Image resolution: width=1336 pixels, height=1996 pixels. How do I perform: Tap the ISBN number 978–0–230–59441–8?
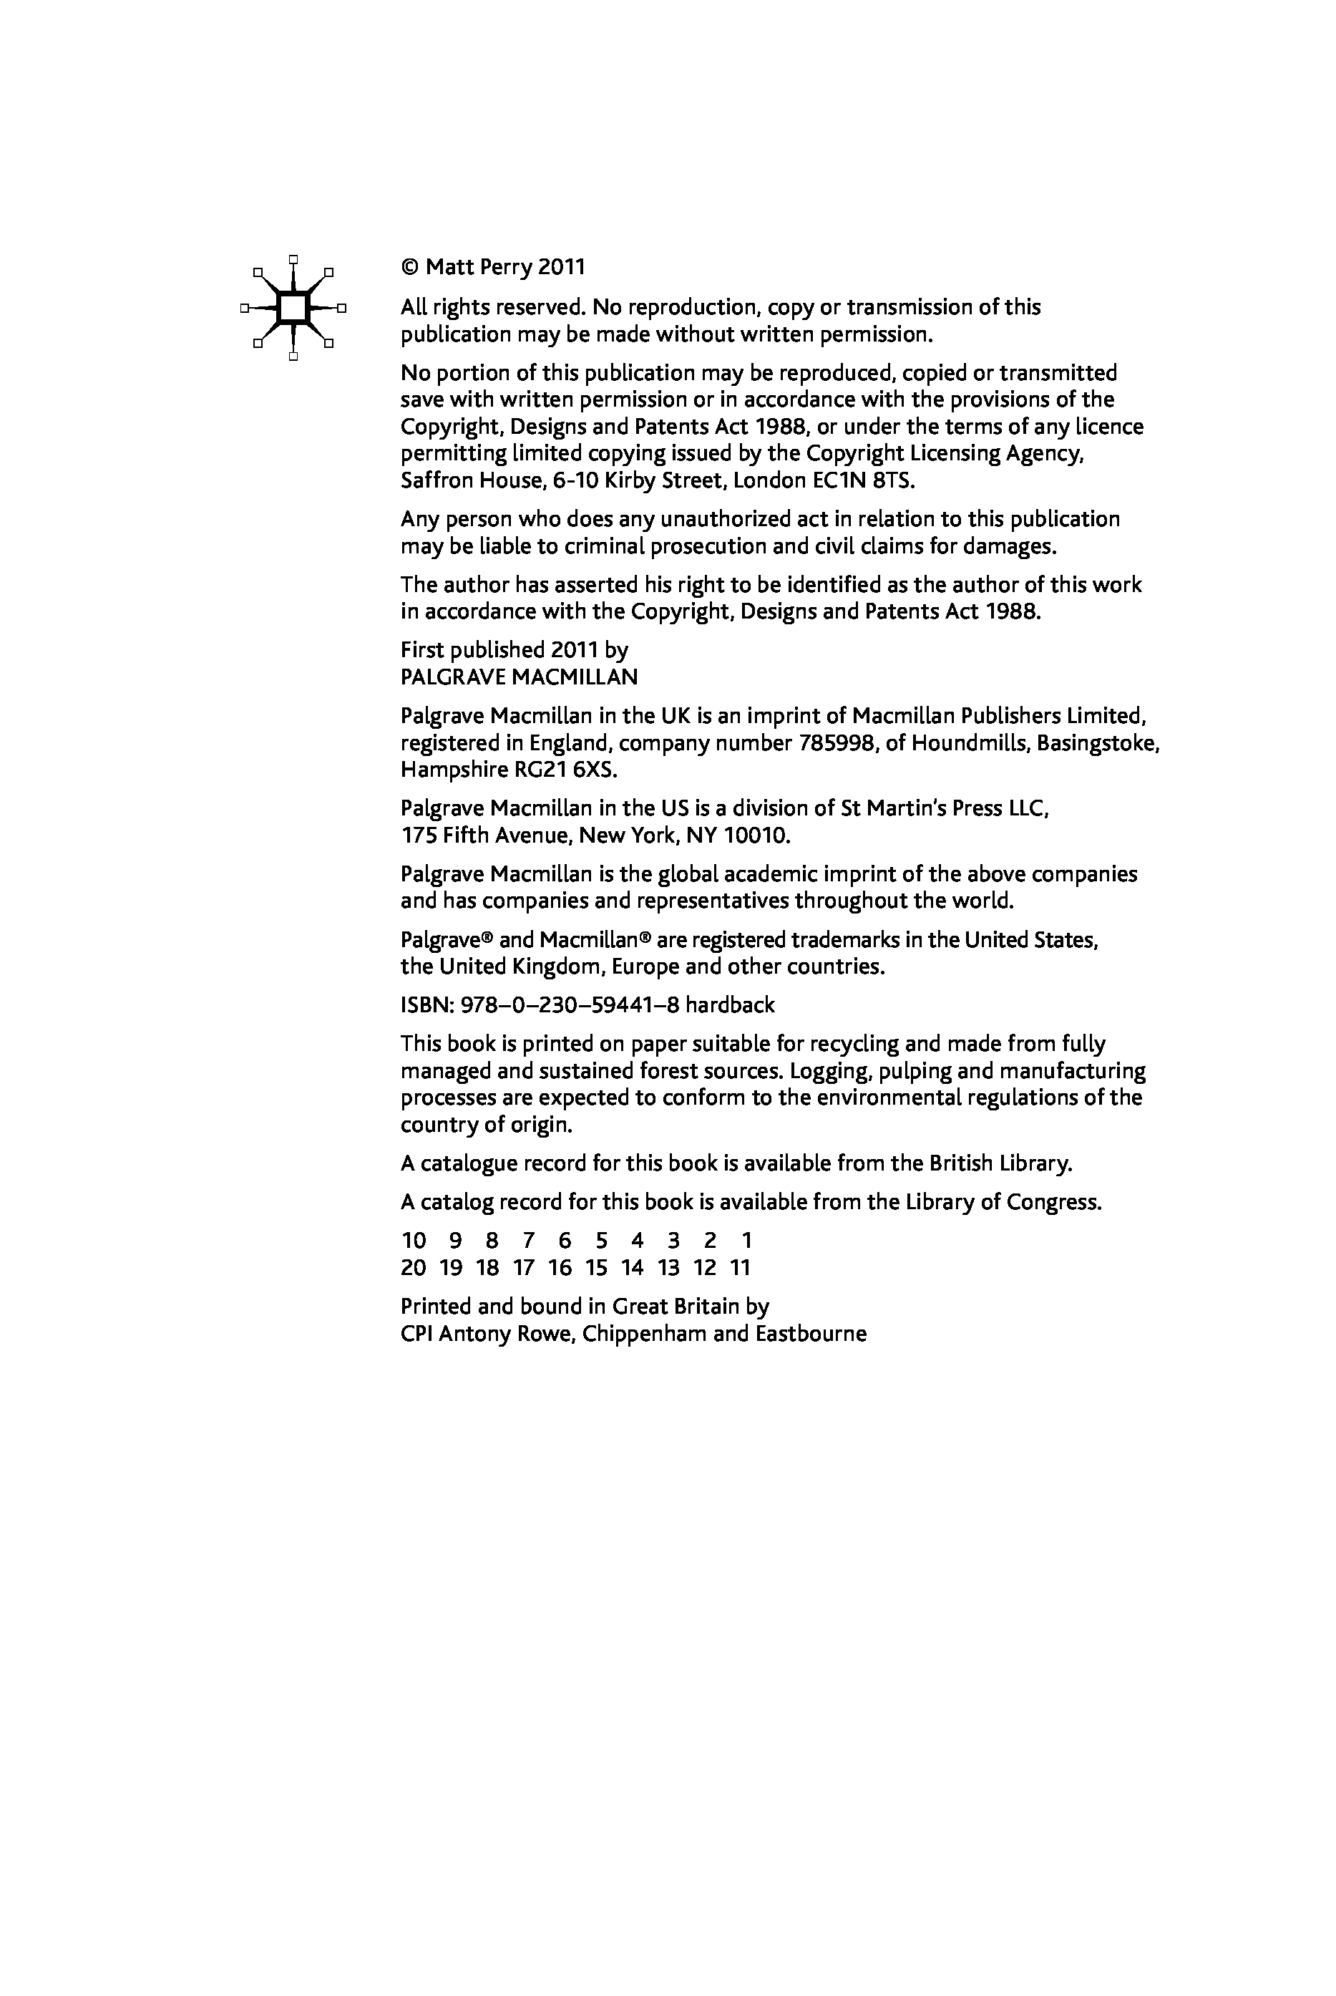pos(569,1006)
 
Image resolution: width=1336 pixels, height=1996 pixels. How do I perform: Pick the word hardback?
pos(730,1006)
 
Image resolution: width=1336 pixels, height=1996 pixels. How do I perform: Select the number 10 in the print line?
pos(413,1241)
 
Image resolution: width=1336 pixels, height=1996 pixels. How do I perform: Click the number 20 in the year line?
pos(413,1268)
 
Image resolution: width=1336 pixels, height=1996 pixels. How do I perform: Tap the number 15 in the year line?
pos(596,1268)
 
